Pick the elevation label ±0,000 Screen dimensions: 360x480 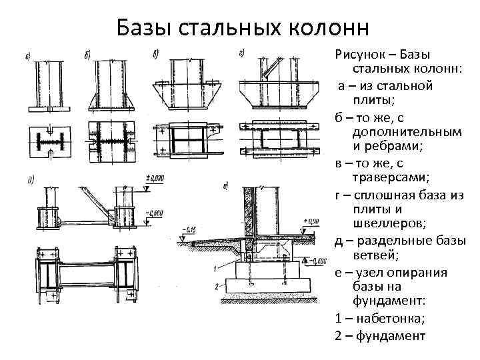click(x=155, y=177)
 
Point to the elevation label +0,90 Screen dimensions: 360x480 click(x=313, y=221)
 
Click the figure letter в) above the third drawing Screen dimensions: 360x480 click(x=155, y=53)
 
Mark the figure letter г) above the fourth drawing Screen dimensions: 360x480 click(x=241, y=53)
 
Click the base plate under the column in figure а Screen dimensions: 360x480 click(x=51, y=108)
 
